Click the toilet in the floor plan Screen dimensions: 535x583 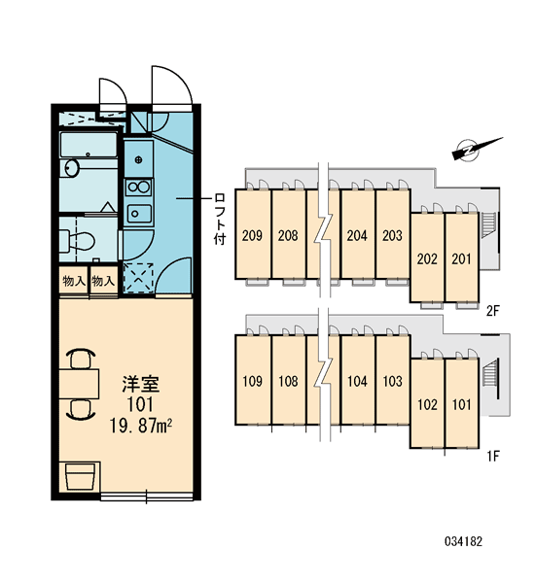point(77,241)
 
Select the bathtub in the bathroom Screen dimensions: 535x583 point(89,145)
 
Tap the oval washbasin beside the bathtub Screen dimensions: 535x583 point(71,168)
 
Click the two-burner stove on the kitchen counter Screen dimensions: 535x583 point(138,187)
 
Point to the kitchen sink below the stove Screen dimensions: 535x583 point(138,213)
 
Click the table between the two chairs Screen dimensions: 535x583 point(79,384)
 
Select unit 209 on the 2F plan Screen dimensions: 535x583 point(253,234)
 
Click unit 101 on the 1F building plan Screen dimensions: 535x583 point(462,403)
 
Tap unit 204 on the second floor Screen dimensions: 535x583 point(357,234)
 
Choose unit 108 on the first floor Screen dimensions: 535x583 point(289,380)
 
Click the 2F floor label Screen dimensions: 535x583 point(492,310)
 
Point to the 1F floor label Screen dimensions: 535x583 point(492,456)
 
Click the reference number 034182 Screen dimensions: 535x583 point(463,541)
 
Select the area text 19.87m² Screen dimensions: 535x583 point(140,425)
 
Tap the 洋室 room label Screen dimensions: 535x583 point(141,384)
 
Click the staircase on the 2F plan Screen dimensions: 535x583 point(488,224)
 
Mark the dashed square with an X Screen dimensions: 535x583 point(138,278)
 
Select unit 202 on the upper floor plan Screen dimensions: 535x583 point(427,258)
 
